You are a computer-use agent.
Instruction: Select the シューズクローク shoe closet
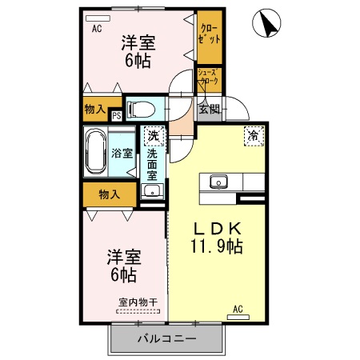click(210, 78)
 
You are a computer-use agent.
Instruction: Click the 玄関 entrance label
click(210, 109)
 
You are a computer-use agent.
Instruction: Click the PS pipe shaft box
click(117, 114)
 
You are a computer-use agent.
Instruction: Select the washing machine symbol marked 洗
click(151, 136)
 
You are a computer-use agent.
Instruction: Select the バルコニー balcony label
click(166, 338)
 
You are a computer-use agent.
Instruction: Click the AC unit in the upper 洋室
click(97, 17)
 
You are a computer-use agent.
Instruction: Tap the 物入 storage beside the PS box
click(94, 109)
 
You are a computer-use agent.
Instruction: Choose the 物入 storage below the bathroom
click(109, 194)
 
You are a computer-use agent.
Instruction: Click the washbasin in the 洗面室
click(151, 190)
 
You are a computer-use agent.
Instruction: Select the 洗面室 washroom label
click(151, 163)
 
